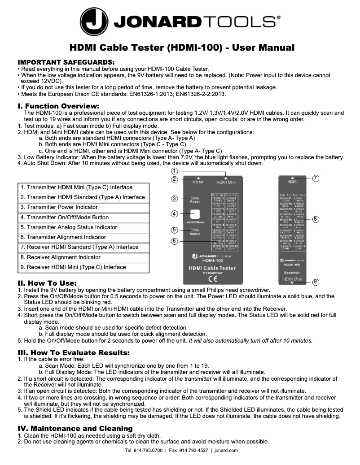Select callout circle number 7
click(x=316, y=178)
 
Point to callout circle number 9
click(x=316, y=282)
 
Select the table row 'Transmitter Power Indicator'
click(x=84, y=207)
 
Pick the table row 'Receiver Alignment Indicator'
click(x=84, y=257)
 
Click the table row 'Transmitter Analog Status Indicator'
click(x=84, y=227)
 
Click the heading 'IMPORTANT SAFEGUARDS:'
click(x=66, y=62)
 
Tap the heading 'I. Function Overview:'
click(x=58, y=106)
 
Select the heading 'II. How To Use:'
click(x=47, y=283)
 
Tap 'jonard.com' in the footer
click(x=226, y=450)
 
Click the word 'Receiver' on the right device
click(x=292, y=272)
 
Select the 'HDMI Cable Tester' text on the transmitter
click(x=212, y=268)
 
